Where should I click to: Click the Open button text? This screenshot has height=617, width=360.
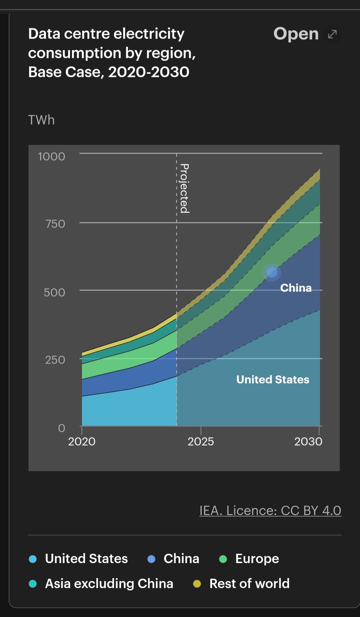coord(296,34)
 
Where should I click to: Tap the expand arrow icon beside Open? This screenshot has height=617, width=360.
coord(332,34)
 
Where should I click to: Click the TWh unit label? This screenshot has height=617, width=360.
coord(41,120)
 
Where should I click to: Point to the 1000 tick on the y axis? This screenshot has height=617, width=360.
coord(51,156)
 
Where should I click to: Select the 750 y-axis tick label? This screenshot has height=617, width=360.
coord(55,224)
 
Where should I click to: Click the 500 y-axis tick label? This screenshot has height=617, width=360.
coord(54,292)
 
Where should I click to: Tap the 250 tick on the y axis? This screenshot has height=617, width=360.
coord(55,360)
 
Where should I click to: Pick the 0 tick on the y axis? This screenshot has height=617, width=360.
coord(62,428)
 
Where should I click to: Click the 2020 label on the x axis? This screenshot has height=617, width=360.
coord(82,442)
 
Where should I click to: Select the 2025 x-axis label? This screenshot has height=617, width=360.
coord(201,442)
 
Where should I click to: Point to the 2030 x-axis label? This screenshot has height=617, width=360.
coord(308,442)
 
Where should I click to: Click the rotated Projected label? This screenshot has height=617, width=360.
coord(184,188)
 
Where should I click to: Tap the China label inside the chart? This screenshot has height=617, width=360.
coord(296,288)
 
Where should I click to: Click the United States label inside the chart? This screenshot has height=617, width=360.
coord(273,380)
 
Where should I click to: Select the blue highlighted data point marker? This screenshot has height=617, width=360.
coord(272,272)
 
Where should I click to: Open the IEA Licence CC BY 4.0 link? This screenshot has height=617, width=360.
coord(270,511)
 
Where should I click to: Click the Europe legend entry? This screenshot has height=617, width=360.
coord(257,559)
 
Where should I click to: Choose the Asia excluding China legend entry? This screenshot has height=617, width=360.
coord(109,584)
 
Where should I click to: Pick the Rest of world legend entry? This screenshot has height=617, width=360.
coord(249,584)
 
